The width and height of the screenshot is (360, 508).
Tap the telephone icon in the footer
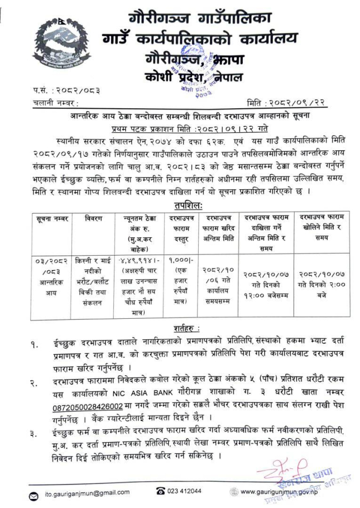point(160,491)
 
